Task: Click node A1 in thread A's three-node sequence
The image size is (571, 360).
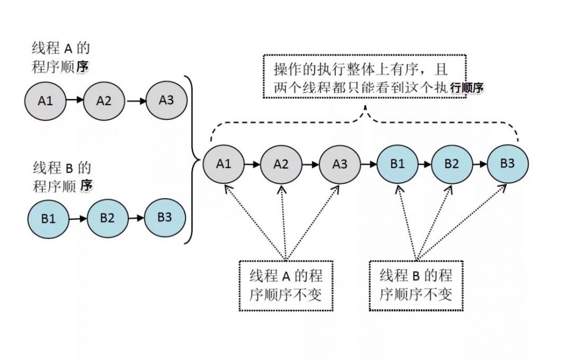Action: point(45,101)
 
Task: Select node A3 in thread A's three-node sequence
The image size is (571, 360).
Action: point(166,99)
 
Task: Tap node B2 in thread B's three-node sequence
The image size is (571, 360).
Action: point(107,218)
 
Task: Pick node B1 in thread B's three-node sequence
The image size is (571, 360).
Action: point(48,218)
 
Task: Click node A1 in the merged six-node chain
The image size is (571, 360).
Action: point(223,163)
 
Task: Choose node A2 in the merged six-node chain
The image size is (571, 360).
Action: point(281,164)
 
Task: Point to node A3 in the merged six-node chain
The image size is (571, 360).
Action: point(339,163)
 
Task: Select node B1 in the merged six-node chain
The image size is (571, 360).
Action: point(397,163)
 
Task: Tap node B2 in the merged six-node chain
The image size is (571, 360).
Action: point(452,163)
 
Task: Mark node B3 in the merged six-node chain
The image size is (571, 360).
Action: point(508,163)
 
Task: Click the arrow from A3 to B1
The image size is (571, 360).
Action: point(368,164)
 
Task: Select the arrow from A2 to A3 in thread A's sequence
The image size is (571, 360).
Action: point(135,101)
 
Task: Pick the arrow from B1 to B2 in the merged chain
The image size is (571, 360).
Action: point(424,163)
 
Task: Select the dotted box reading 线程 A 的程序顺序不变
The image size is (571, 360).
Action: point(285,286)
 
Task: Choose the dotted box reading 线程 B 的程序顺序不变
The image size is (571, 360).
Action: point(416,286)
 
